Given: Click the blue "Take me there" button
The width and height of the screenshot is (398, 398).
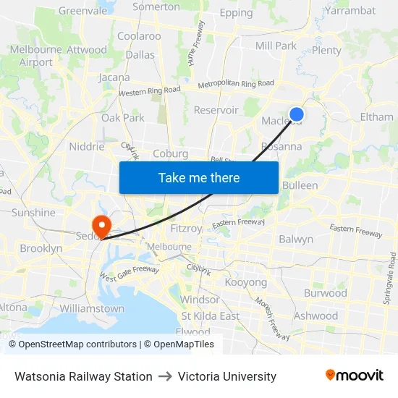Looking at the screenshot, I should (199, 177).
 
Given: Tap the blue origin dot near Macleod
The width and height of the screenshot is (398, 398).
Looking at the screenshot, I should (296, 114).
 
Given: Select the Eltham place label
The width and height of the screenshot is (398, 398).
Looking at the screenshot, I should (376, 117).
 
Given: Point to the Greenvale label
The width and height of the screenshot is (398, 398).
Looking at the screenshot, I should (82, 11).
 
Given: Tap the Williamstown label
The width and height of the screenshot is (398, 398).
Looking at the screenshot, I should (92, 308).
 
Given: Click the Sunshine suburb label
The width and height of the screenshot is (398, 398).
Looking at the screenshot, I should (33, 213).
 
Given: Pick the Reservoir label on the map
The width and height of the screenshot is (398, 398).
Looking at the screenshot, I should (216, 110).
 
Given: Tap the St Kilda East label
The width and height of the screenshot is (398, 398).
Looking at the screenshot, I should (210, 316).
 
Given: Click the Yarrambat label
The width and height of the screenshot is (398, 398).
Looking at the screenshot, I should (350, 10).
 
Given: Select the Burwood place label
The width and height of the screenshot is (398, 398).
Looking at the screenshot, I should (325, 293).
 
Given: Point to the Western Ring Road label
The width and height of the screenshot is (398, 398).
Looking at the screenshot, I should (149, 91).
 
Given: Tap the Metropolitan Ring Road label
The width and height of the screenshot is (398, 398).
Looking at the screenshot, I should (226, 84).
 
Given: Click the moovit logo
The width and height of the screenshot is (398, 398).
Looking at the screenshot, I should (354, 376).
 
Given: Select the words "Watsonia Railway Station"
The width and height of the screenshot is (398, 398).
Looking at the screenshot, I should (83, 376).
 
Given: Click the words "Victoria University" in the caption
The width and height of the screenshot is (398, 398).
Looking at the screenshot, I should (227, 376).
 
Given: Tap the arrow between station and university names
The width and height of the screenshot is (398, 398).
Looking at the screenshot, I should (165, 376).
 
